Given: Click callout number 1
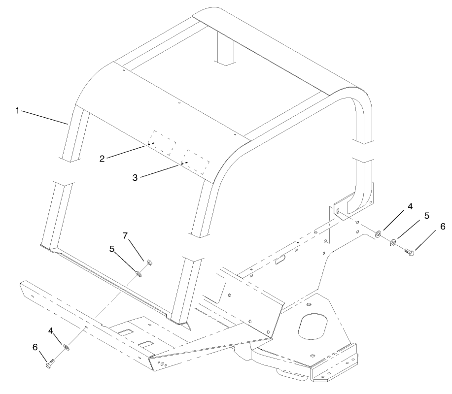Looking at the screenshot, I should click(17, 110).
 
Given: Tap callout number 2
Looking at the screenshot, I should click(102, 158).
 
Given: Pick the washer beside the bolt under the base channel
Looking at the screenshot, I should click(66, 348).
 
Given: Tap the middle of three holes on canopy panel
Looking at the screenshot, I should click(179, 103).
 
